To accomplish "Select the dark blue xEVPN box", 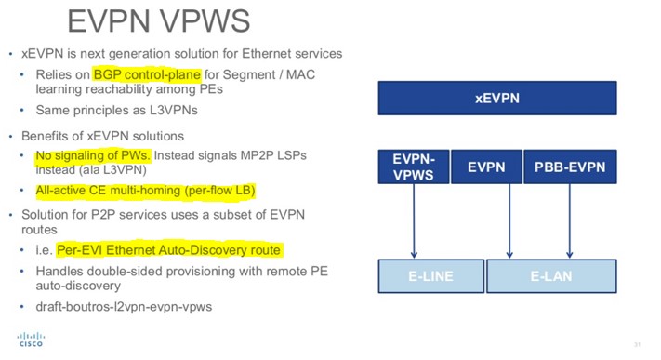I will point(497,97).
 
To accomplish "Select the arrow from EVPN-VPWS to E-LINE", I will point(415,223).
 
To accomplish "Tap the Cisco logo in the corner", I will point(29,341).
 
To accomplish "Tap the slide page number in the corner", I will point(638,346).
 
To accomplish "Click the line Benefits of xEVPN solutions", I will point(93,136).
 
